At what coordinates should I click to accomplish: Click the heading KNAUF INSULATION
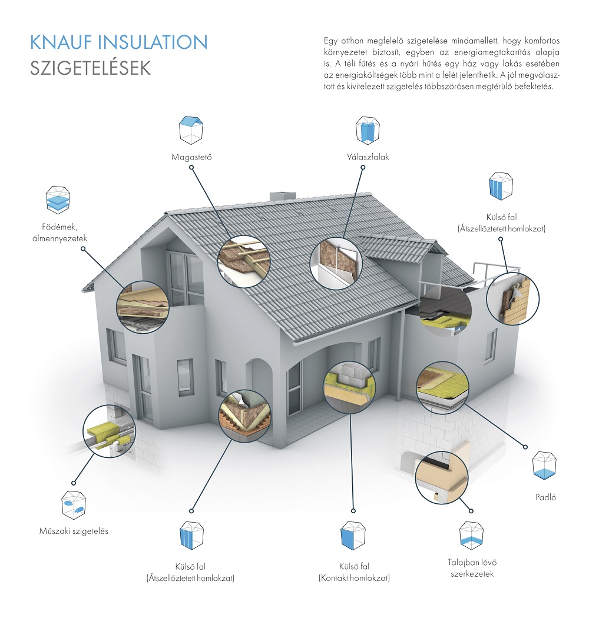pyautogui.click(x=118, y=42)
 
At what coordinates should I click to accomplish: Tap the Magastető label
pyautogui.click(x=191, y=157)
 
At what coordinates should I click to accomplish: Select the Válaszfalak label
pyautogui.click(x=368, y=157)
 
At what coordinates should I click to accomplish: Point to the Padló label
pyautogui.click(x=545, y=497)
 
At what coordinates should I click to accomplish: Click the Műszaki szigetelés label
pyautogui.click(x=74, y=531)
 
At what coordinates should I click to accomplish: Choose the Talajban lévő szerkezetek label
pyautogui.click(x=472, y=568)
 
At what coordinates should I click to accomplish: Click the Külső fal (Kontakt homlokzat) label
pyautogui.click(x=354, y=572)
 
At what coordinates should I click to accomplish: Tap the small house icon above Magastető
pyautogui.click(x=191, y=130)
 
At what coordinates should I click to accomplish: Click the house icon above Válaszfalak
pyautogui.click(x=368, y=130)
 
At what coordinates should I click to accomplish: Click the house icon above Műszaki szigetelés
pyautogui.click(x=74, y=504)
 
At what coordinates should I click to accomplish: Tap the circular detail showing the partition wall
pyautogui.click(x=335, y=263)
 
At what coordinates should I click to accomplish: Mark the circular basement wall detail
pyautogui.click(x=441, y=477)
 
